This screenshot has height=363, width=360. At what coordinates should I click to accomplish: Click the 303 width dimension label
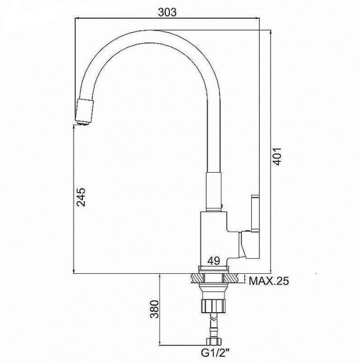click(167, 12)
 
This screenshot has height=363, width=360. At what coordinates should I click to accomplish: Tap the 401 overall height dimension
click(277, 157)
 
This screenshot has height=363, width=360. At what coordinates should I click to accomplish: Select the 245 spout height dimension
click(81, 197)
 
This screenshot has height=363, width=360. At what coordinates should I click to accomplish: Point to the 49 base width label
click(213, 261)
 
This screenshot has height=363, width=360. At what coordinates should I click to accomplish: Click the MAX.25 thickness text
click(269, 281)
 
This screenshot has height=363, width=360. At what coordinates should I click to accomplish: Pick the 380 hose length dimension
click(154, 310)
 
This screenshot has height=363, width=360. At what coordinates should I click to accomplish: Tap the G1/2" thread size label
click(215, 353)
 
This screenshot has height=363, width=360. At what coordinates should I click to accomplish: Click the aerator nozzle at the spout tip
click(84, 112)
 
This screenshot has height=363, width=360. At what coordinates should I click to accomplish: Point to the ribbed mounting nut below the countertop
click(213, 306)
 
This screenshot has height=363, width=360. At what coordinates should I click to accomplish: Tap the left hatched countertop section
click(197, 278)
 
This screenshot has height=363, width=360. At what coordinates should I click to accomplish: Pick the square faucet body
click(214, 239)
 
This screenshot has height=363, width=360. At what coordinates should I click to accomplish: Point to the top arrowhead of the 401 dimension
click(270, 32)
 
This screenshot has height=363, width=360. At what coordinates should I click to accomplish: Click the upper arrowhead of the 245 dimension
click(74, 127)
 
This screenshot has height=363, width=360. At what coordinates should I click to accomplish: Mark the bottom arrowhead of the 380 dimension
click(160, 343)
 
